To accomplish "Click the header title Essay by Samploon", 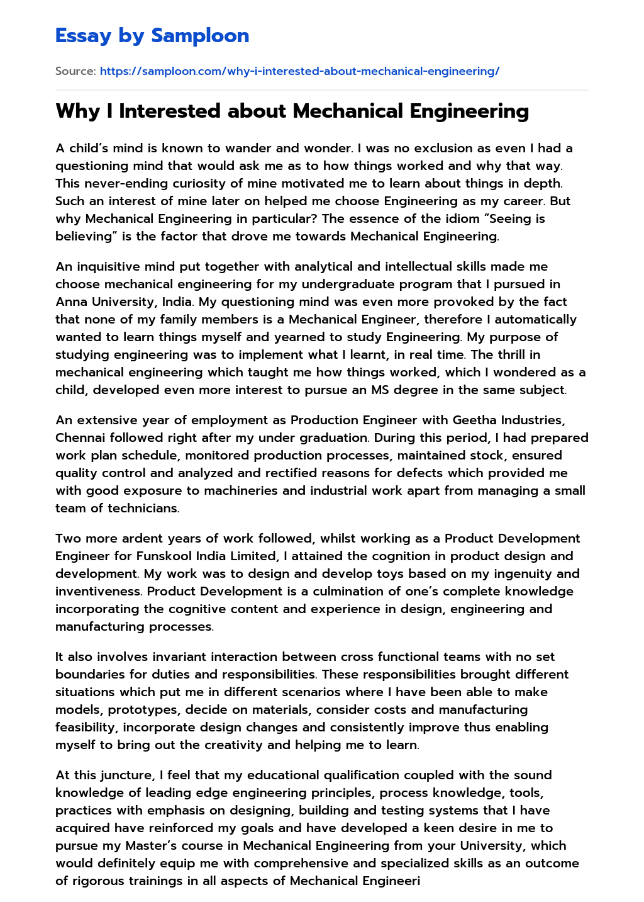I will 152,36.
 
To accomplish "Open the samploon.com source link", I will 299,71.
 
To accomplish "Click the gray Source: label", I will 75,71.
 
